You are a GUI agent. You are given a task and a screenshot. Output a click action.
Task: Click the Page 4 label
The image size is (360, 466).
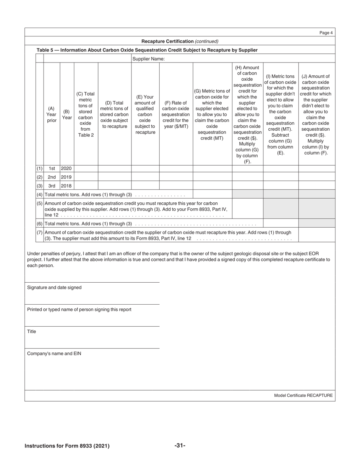326,33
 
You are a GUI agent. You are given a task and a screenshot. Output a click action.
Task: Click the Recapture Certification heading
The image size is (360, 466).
180,41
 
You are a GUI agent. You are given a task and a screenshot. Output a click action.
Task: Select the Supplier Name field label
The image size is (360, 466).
148,59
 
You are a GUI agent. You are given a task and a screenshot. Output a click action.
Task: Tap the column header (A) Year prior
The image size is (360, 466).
52,114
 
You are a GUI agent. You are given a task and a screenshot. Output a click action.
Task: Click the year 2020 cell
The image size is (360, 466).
67,169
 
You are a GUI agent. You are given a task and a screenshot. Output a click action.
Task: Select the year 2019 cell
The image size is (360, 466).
67,177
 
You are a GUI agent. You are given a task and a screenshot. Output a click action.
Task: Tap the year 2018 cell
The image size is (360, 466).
67,186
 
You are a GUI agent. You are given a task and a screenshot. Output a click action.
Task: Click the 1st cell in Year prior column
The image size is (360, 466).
52,169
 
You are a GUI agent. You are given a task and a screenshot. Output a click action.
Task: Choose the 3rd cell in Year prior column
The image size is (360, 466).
52,186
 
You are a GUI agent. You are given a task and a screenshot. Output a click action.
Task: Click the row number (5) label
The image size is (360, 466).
39,203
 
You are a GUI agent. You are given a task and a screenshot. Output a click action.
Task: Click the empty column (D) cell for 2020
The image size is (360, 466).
114,169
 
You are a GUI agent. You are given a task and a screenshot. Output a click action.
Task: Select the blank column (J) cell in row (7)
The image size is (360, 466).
316,235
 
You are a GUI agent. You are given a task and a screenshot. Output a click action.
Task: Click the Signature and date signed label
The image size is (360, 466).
54,288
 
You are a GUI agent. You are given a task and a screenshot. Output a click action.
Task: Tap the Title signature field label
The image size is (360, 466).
31,332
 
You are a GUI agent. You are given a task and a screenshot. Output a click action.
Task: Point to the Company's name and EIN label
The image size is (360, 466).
54,353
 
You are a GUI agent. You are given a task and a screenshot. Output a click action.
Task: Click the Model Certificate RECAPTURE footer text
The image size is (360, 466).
303,396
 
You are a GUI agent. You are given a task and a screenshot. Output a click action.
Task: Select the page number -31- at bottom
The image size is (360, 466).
180,446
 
